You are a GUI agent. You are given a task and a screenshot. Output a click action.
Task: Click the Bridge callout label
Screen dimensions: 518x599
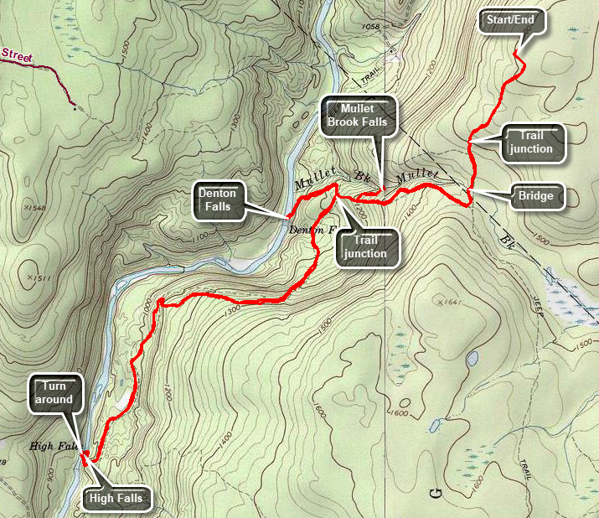click(x=534, y=196)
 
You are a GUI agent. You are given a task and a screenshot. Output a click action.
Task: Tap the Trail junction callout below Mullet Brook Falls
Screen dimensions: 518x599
click(x=365, y=246)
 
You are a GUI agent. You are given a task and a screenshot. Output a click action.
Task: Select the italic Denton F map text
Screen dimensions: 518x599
click(x=311, y=229)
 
